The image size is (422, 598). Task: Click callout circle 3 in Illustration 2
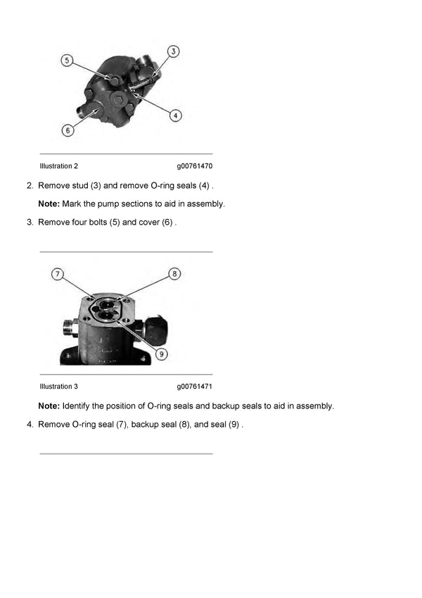(174, 51)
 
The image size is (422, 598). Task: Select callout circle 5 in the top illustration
(68, 61)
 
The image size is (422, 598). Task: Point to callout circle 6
(68, 130)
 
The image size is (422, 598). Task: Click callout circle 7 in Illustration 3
(58, 273)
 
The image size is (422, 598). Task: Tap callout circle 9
(162, 354)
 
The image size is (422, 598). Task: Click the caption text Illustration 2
(59, 166)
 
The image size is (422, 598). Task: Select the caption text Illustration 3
(59, 387)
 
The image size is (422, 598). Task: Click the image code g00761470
(195, 166)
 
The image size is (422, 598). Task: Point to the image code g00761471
(195, 387)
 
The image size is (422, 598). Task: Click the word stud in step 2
(80, 185)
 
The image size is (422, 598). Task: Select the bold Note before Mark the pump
(49, 204)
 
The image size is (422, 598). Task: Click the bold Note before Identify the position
(49, 406)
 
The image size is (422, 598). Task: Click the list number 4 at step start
(30, 424)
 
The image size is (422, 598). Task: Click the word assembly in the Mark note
(207, 204)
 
